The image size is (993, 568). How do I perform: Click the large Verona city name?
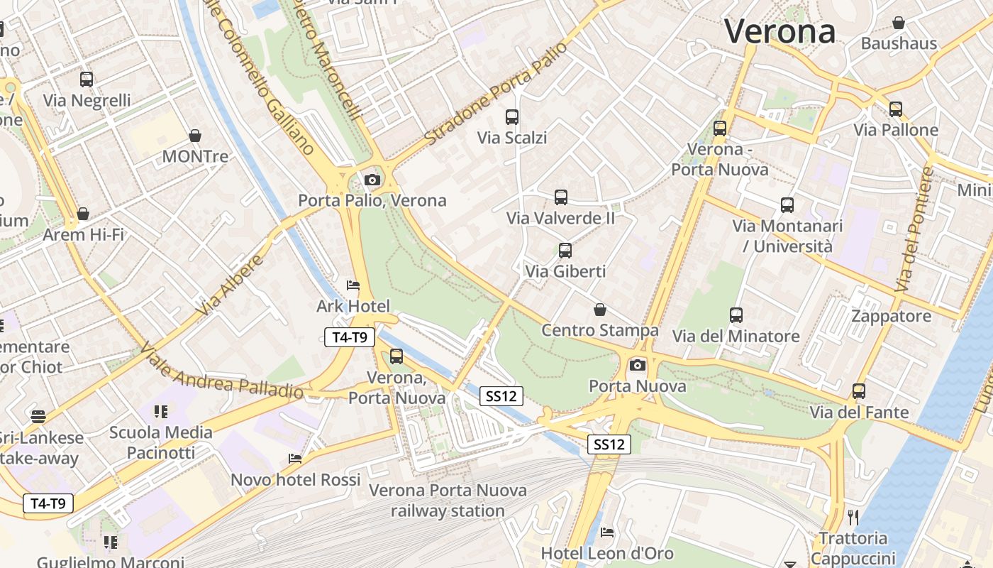pos(780,32)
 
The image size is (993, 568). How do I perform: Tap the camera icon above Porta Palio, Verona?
pos(372,180)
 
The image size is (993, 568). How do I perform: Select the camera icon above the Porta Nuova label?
pos(638,365)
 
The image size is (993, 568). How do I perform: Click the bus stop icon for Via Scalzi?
pos(512,117)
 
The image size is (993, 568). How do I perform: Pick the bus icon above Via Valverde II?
pos(561,197)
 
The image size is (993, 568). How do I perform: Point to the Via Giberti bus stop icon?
pos(565,251)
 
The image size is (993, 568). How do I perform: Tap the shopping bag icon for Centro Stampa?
pos(600,310)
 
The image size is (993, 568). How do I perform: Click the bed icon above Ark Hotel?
pos(353,285)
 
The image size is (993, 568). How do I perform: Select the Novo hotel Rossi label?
pos(296,480)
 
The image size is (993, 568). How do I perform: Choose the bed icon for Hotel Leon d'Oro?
pos(607,532)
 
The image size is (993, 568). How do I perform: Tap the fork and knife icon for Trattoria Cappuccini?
pos(853,517)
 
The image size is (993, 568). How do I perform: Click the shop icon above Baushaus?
pos(899,23)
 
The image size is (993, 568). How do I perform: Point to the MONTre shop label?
pos(195,156)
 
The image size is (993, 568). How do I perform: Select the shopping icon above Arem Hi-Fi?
pos(83,214)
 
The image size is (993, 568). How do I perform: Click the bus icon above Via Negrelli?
pos(87,80)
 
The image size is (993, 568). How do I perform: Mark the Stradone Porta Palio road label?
pos(496,93)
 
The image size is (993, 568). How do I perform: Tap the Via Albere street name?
pos(231,285)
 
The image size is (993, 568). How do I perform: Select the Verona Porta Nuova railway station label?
pos(448,500)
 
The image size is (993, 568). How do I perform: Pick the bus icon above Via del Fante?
pos(859,391)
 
